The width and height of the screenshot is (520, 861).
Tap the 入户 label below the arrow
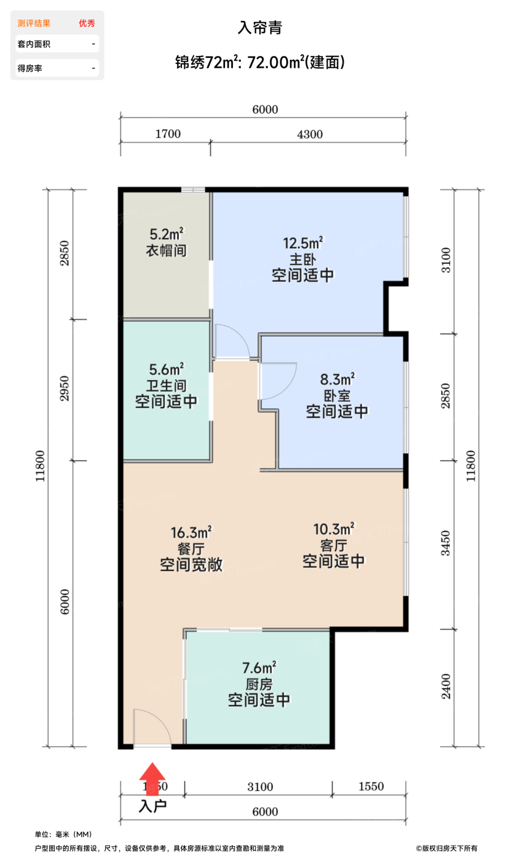[x=152, y=806]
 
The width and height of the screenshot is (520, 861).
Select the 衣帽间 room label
[x=166, y=251]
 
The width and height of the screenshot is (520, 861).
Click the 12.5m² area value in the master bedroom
[x=303, y=242]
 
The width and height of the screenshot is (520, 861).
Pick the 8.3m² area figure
[x=337, y=378]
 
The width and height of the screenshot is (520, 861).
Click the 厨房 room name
[x=259, y=684]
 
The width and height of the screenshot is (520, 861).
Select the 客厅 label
[x=334, y=545]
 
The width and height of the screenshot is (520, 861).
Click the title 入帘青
[x=259, y=28]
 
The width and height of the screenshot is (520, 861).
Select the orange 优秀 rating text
[x=87, y=23]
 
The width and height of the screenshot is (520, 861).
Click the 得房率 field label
[x=30, y=68]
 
